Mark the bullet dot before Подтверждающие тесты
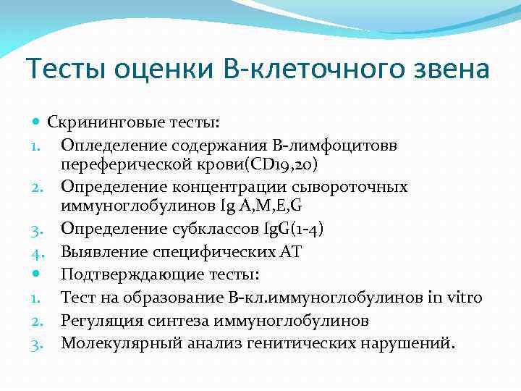click(37, 275)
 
